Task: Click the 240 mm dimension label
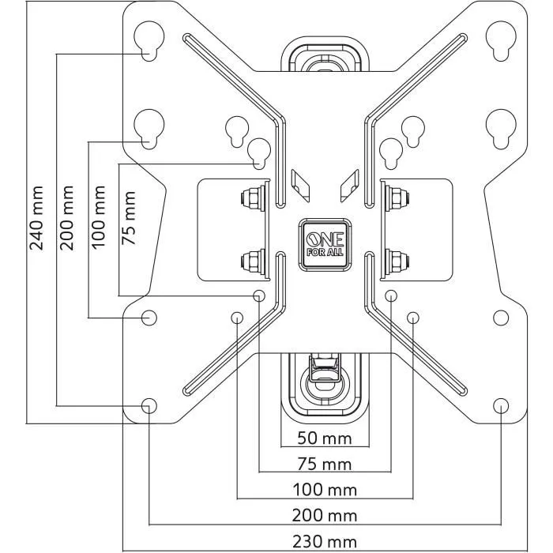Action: coord(36,217)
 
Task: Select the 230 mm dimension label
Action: coord(325,541)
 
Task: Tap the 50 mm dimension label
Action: coord(325,438)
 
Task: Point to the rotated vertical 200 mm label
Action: coord(68,217)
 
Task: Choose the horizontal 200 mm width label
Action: coord(325,516)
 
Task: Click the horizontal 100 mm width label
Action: coord(325,490)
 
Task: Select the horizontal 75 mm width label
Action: coord(325,464)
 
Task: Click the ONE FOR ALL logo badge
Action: coord(324,244)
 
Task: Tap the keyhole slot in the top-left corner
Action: coord(149,40)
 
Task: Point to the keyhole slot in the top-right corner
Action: coord(500,40)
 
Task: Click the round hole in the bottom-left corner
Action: coord(149,405)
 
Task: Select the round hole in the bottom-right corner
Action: coord(500,405)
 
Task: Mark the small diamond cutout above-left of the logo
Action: coord(299,185)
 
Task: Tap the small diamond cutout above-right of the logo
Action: coord(348,185)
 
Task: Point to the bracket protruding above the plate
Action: coord(324,55)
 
